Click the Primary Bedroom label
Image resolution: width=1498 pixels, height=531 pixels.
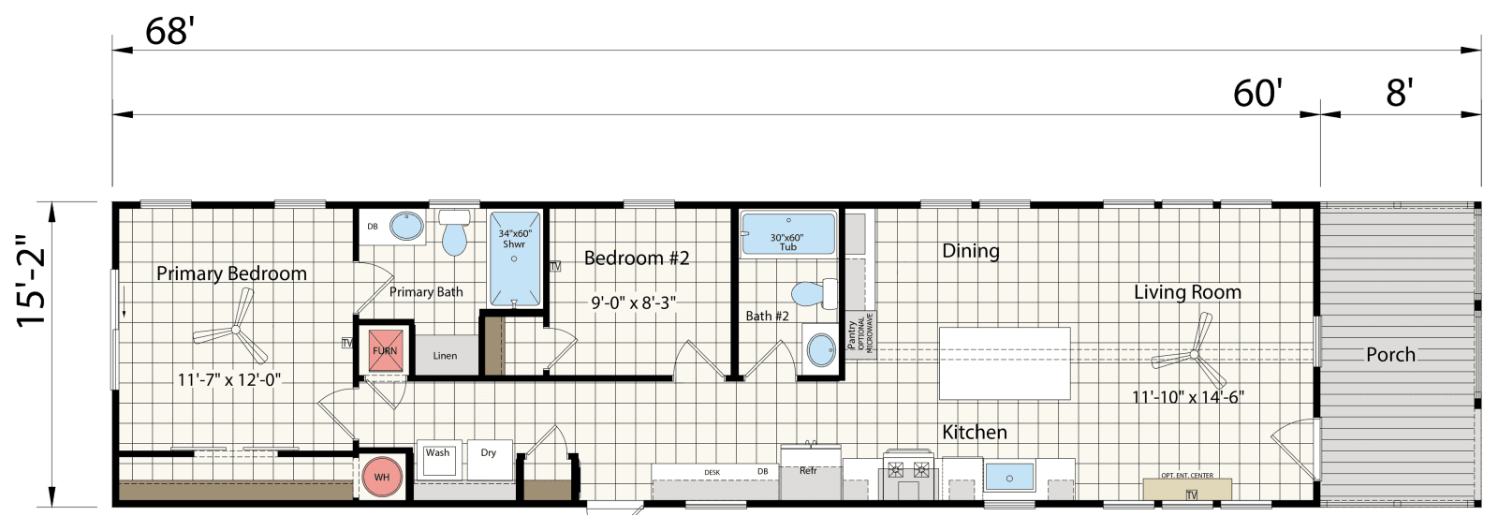point(231,273)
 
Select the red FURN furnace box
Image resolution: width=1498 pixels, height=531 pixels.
point(385,350)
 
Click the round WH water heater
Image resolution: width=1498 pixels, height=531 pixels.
point(382,477)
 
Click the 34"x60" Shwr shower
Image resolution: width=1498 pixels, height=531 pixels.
point(514,258)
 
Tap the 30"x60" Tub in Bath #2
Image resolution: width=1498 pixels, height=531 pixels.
point(787,234)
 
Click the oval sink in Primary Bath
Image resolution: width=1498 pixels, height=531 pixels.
point(405,227)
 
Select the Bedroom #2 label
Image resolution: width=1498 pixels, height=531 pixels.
point(637,258)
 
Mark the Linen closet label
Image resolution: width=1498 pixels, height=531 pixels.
point(445,356)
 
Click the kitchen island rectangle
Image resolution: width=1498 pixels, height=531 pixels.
point(1005,363)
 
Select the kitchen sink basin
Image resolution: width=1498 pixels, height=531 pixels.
point(1009,477)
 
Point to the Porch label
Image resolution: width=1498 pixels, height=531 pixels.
point(1389,354)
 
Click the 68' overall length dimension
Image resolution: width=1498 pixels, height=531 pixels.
point(169,32)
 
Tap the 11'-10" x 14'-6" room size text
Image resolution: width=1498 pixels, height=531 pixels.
point(1187,397)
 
